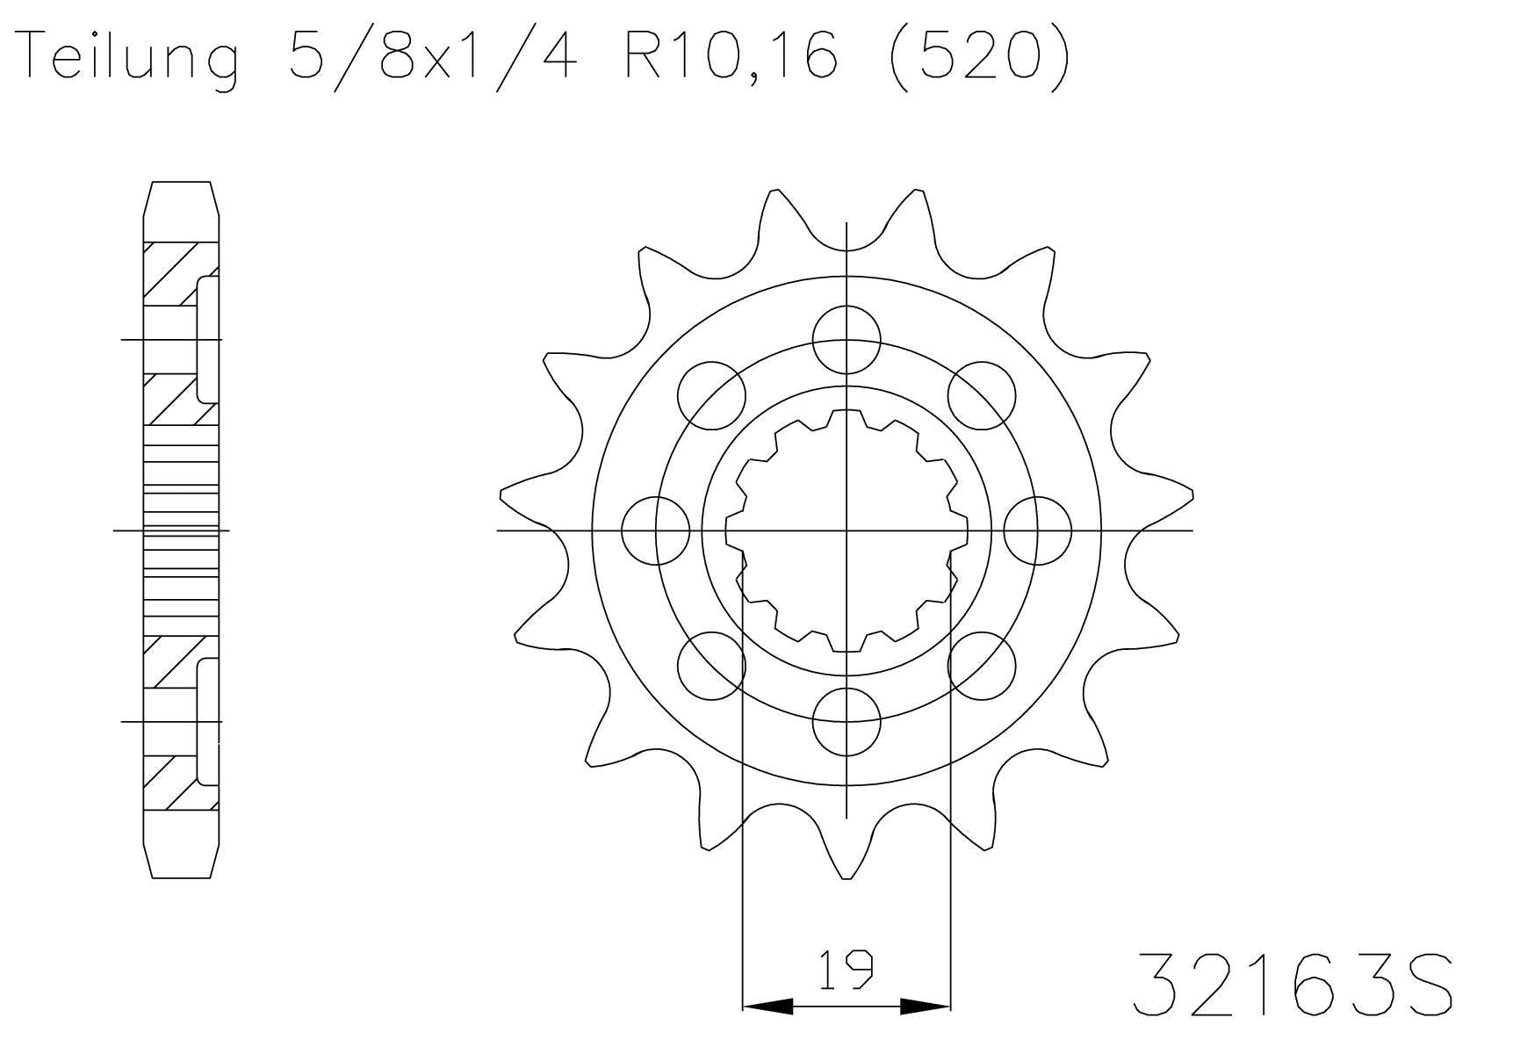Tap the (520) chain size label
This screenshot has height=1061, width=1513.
(979, 55)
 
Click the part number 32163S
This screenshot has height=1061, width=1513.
(1293, 985)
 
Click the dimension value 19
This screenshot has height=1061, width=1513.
(847, 970)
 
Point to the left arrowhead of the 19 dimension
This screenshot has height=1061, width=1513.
(767, 1007)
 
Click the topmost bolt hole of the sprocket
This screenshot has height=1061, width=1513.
(847, 339)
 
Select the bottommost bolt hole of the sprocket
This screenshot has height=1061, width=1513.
(847, 722)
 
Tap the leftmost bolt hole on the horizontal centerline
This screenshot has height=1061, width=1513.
(655, 530)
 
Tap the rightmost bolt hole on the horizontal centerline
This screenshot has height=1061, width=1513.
(1038, 530)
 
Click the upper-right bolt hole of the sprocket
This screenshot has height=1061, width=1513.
(982, 395)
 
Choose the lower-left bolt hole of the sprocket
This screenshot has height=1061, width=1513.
(711, 666)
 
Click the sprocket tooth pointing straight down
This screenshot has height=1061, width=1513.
(847, 856)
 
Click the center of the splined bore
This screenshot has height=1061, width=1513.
(847, 530)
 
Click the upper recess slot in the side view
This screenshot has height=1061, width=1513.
(208, 339)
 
